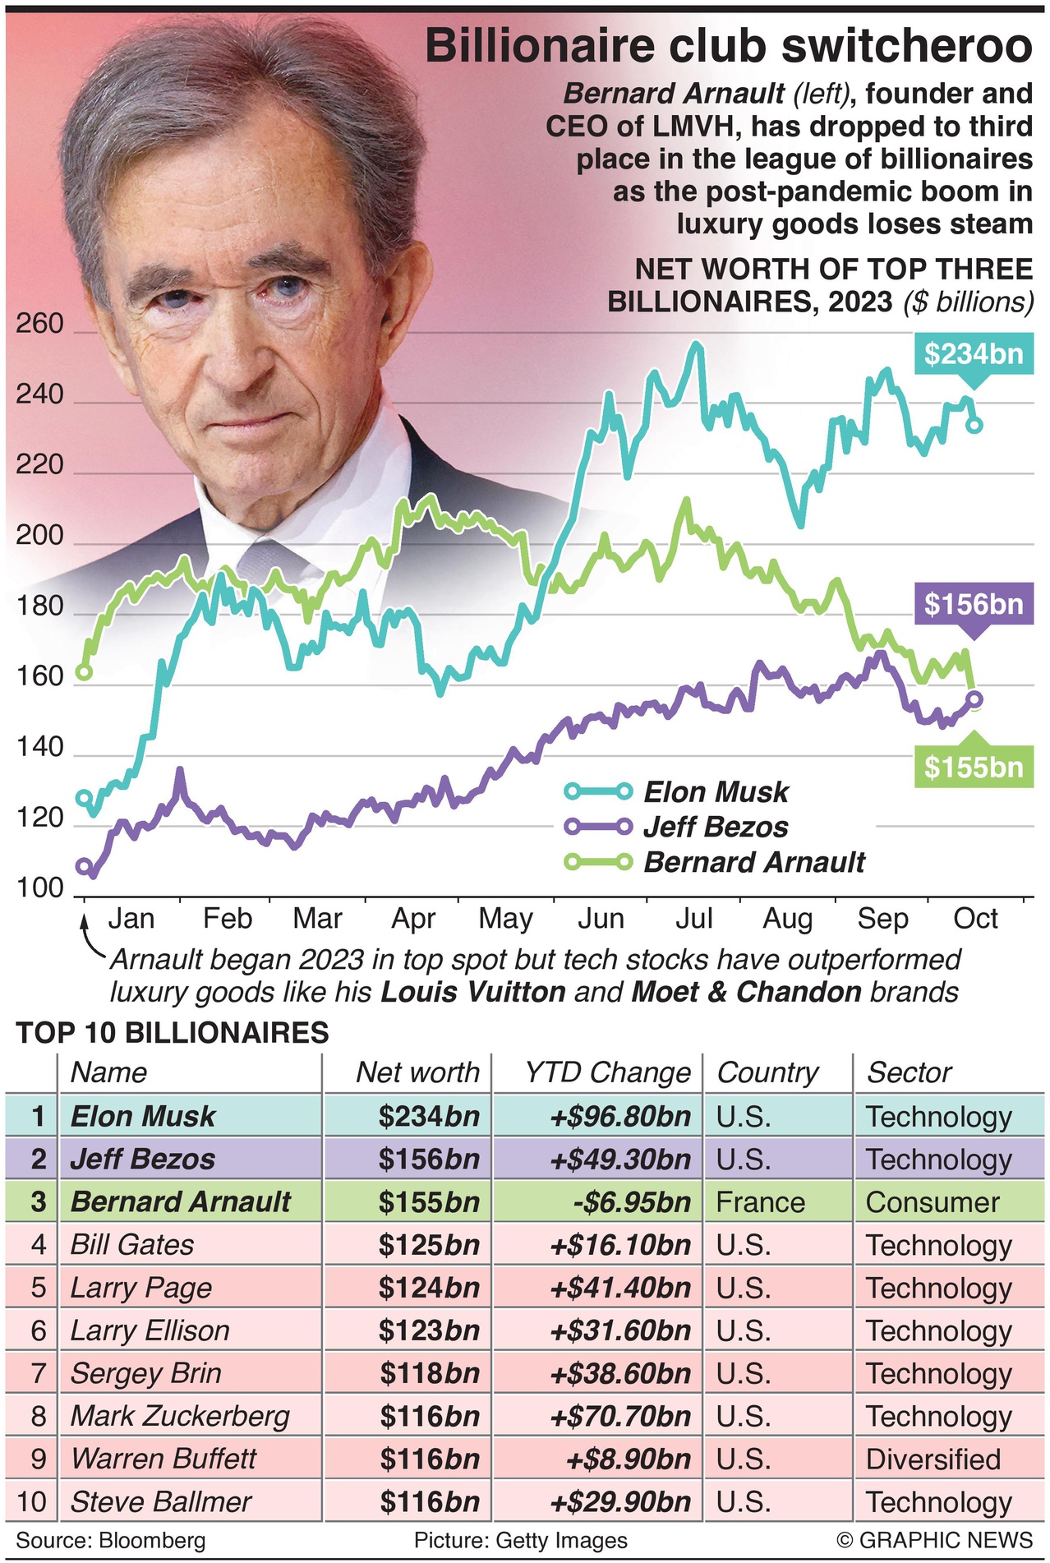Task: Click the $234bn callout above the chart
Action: tap(973, 354)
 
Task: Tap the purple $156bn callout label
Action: tap(973, 605)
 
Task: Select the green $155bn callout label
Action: tap(973, 768)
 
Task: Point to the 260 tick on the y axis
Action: tap(39, 324)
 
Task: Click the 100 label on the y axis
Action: tap(39, 888)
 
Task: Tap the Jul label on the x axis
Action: tap(693, 918)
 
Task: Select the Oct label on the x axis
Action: tap(975, 918)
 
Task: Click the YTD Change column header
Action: tap(607, 1072)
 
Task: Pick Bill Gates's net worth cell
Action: tap(429, 1245)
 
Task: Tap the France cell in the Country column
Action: tap(760, 1202)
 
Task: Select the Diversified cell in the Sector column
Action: tap(933, 1459)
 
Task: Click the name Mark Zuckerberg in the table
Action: tap(180, 1417)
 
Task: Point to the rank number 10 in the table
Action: tap(32, 1502)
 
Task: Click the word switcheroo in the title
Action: tap(906, 47)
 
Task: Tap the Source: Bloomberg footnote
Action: tap(111, 1540)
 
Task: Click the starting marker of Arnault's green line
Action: tap(84, 672)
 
